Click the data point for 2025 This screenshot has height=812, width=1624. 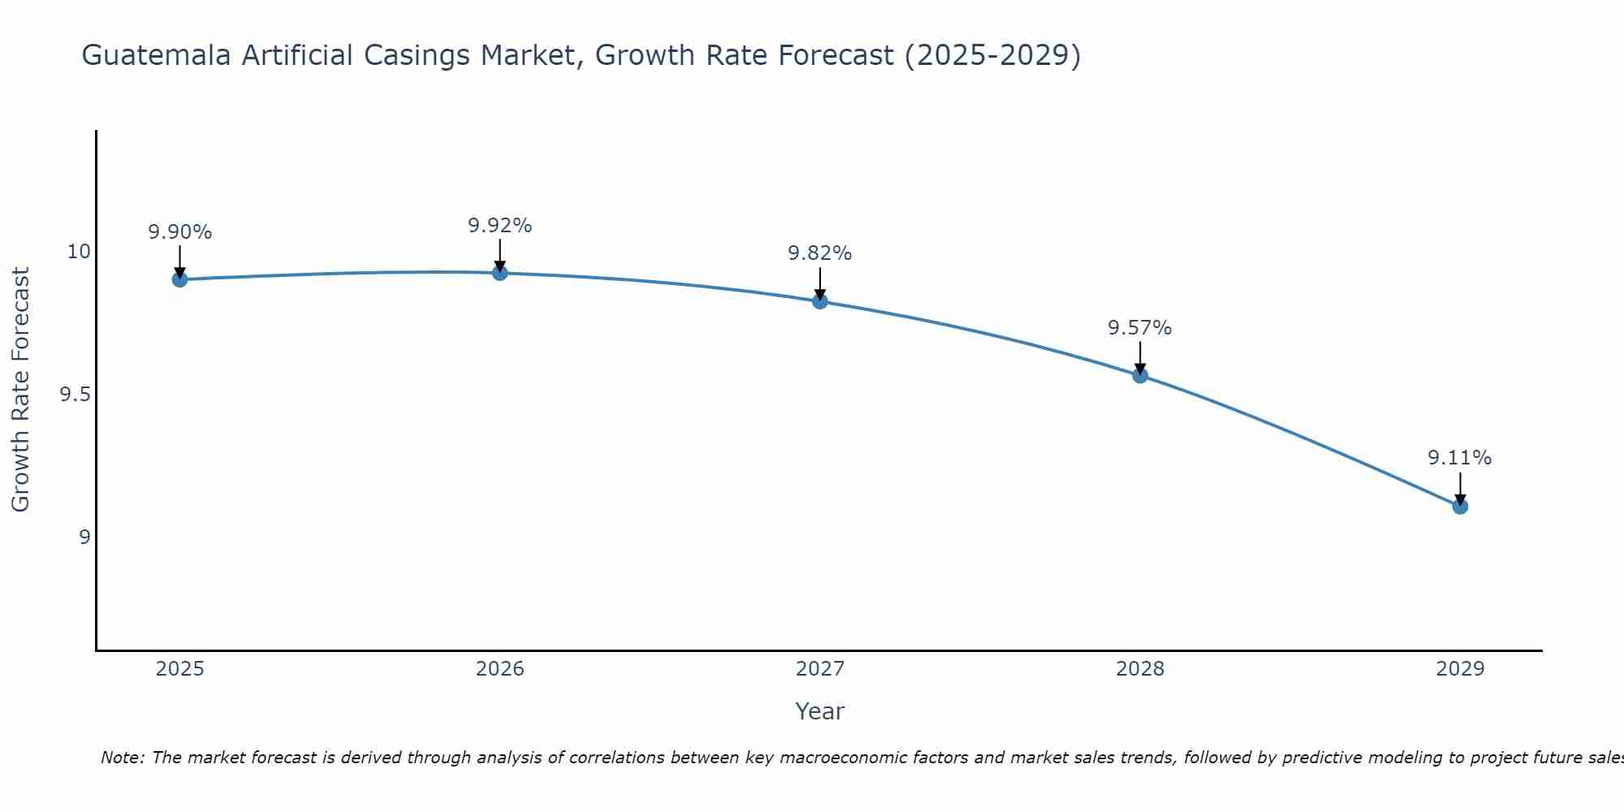pyautogui.click(x=180, y=279)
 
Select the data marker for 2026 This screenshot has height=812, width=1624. pyautogui.click(x=500, y=273)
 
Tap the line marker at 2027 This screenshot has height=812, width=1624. pyautogui.click(x=820, y=301)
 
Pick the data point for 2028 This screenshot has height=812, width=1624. pyautogui.click(x=1140, y=375)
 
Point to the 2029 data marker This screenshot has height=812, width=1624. pyautogui.click(x=1460, y=507)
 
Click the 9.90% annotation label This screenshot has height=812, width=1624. pyautogui.click(x=180, y=232)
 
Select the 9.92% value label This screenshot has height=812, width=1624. pyautogui.click(x=500, y=226)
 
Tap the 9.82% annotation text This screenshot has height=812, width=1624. pyautogui.click(x=820, y=253)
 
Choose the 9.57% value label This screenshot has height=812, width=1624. pyautogui.click(x=1140, y=328)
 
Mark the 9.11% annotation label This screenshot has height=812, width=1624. pyautogui.click(x=1460, y=458)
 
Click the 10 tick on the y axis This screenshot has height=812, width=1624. pyautogui.click(x=79, y=252)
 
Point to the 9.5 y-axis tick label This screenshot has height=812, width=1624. pyautogui.click(x=75, y=395)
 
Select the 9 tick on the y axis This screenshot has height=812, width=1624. pyautogui.click(x=84, y=537)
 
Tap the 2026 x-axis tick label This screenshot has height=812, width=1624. pyautogui.click(x=500, y=669)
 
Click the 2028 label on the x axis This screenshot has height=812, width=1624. pyautogui.click(x=1140, y=669)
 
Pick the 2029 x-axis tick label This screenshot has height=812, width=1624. pyautogui.click(x=1460, y=669)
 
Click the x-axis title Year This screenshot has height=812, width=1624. pyautogui.click(x=820, y=711)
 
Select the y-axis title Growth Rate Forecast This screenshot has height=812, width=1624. pyautogui.click(x=21, y=390)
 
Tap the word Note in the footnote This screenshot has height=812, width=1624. pyautogui.click(x=122, y=758)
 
